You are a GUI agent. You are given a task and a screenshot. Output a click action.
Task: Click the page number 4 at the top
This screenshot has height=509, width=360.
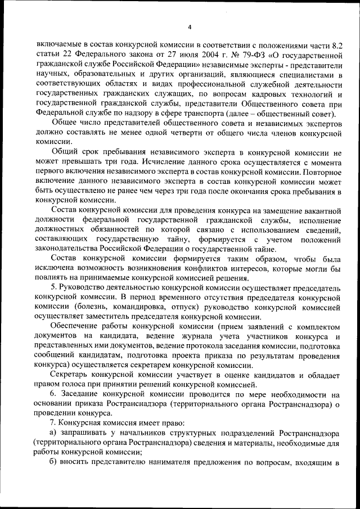190,26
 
